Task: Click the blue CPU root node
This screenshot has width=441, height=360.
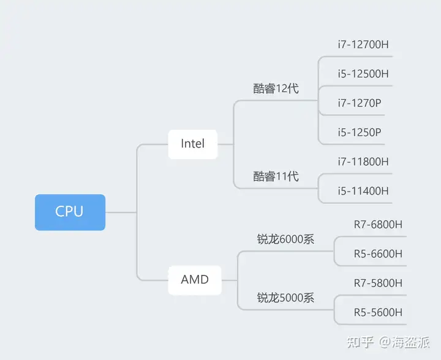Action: coord(70,212)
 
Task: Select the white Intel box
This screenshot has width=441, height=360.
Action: coord(193,144)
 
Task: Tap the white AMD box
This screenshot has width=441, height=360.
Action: coord(195,280)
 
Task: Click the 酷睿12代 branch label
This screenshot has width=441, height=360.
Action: coord(276,89)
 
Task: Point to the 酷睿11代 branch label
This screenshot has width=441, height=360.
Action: coord(276,176)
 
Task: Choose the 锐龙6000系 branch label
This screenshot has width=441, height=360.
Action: coord(285,239)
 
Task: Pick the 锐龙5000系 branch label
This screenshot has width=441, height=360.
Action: coord(285,298)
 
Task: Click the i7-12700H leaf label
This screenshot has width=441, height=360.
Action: coord(363,45)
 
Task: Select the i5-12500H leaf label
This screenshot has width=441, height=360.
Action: coord(363,73)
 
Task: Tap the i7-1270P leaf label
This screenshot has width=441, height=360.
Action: coord(360,103)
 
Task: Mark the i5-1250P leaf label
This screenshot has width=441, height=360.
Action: coord(360,132)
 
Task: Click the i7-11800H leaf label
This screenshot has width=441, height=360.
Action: coord(363,162)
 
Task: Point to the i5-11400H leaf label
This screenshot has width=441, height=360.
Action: coord(363,191)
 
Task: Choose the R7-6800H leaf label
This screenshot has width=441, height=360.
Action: coord(378,225)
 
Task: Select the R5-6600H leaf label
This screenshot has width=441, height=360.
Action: coord(378,253)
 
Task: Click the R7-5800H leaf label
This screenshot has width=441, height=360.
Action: coord(378,283)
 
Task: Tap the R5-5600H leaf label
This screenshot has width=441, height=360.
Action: coord(378,312)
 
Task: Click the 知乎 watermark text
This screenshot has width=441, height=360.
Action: coord(360,342)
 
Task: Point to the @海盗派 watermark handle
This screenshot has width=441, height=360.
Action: coord(404,342)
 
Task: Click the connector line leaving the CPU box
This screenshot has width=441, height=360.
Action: coord(121,212)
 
